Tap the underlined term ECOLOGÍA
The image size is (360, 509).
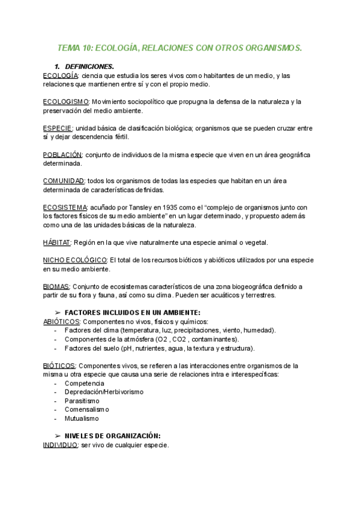click(x=61, y=76)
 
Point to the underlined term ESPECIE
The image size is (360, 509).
click(x=58, y=128)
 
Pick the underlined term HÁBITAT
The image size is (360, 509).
click(x=57, y=242)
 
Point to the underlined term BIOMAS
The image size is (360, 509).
click(x=56, y=286)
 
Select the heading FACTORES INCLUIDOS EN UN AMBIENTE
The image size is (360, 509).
click(x=132, y=313)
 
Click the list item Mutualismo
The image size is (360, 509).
click(x=82, y=418)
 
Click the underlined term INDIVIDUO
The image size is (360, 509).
click(x=61, y=445)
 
